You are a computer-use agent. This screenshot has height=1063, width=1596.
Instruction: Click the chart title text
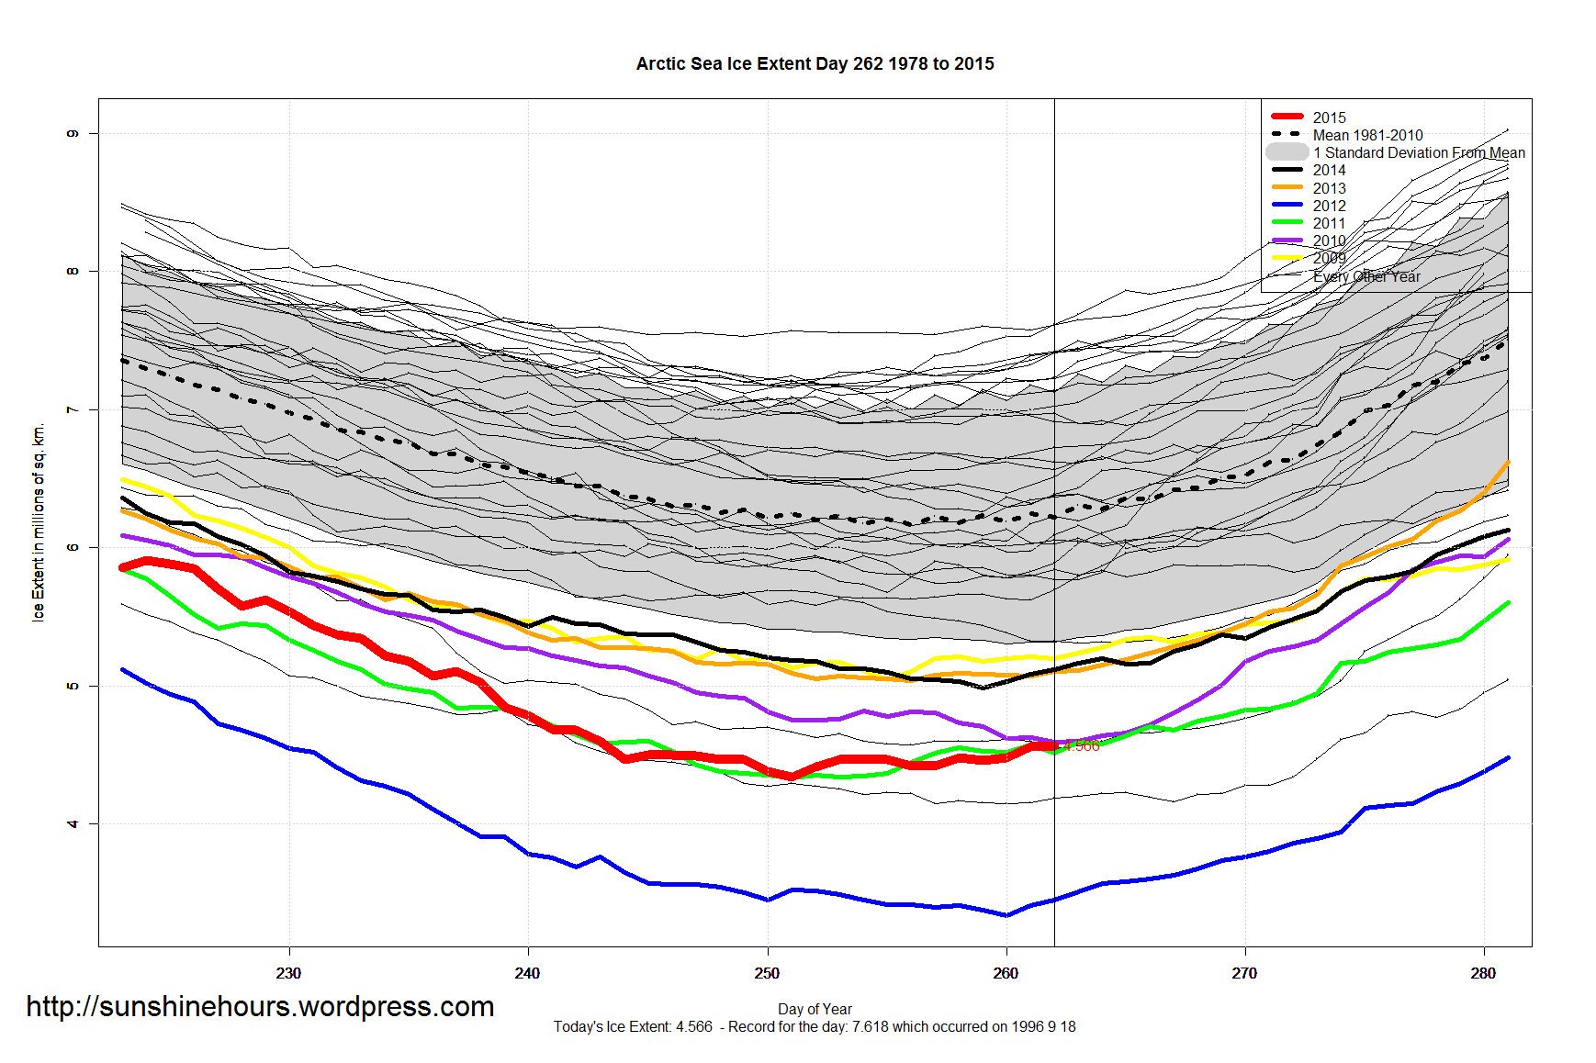(x=815, y=64)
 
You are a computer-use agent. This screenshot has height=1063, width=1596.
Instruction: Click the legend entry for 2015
(x=1329, y=117)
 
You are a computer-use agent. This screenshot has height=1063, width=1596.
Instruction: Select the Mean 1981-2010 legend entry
(x=1367, y=135)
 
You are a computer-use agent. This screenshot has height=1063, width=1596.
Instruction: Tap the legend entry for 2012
(x=1329, y=206)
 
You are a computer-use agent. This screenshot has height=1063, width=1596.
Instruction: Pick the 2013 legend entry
(x=1329, y=188)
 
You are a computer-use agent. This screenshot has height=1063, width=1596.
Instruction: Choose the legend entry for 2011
(x=1329, y=223)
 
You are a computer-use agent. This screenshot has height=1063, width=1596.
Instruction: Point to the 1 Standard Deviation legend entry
(x=1418, y=152)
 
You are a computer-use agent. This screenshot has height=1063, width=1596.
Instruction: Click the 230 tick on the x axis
(x=288, y=973)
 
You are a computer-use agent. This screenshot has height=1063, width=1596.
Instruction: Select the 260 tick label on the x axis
(x=1006, y=973)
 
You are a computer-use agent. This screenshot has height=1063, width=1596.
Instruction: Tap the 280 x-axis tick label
(x=1483, y=973)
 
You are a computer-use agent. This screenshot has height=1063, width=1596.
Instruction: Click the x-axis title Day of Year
(x=815, y=1009)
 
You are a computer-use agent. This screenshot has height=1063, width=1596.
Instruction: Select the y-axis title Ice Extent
(x=39, y=523)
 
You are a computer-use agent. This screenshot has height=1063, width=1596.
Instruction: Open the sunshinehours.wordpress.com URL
(x=260, y=1007)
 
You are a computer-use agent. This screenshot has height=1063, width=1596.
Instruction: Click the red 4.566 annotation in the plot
(x=1082, y=746)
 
